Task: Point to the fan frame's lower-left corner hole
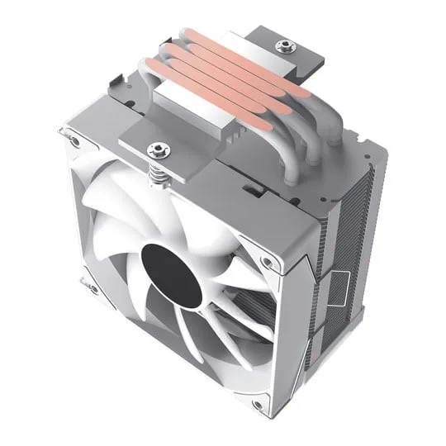click(x=92, y=288)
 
